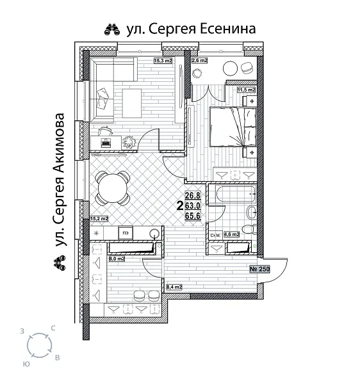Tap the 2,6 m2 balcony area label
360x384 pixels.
click(x=199, y=61)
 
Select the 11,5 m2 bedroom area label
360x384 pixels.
click(x=247, y=91)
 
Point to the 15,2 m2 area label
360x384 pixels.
click(x=99, y=219)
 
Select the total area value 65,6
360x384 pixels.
click(x=193, y=216)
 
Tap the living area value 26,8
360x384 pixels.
click(x=193, y=196)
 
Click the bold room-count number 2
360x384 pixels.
click(x=179, y=206)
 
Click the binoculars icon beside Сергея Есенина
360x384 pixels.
click(x=110, y=29)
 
